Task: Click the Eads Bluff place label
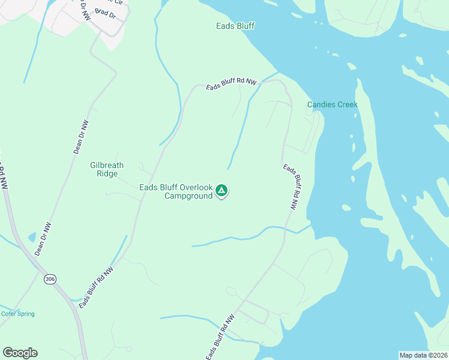tap(236, 26)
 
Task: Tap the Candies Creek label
tap(332, 104)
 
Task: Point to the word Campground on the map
tap(188, 196)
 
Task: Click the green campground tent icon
tap(221, 191)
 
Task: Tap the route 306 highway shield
tap(50, 279)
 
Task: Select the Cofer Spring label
tap(17, 314)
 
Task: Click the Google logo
tap(20, 353)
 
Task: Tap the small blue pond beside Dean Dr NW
tap(32, 237)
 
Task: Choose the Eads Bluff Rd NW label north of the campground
tap(231, 85)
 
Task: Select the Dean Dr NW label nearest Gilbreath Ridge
tap(81, 137)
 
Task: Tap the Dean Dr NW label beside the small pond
tap(43, 239)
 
